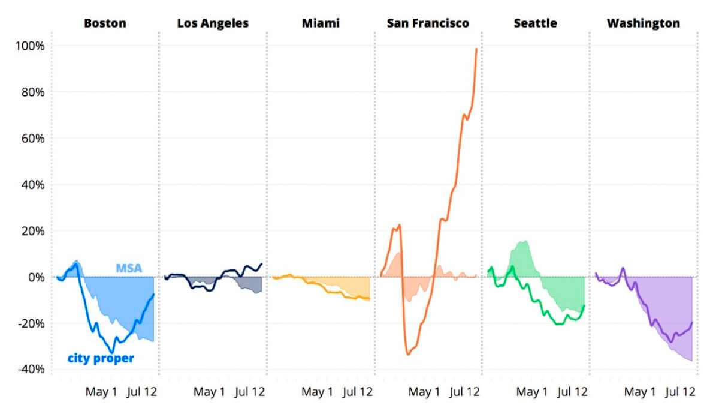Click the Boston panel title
pos(105,23)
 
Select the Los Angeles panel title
pos(213,23)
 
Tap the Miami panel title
pos(321,23)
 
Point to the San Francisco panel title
pos(428,23)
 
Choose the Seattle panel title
pos(535,23)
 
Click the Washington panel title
pos(643,23)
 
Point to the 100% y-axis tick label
pos(28,46)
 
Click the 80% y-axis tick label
pos(31,92)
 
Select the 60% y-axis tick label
pos(31,139)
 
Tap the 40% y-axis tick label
pos(31,185)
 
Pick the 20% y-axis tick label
pos(31,231)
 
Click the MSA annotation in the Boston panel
pos(129,268)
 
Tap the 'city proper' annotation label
pos(100,359)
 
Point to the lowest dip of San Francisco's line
pos(408,354)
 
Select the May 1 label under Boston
pos(102,392)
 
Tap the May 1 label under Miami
pos(317,392)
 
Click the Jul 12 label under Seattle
pos(572,392)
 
